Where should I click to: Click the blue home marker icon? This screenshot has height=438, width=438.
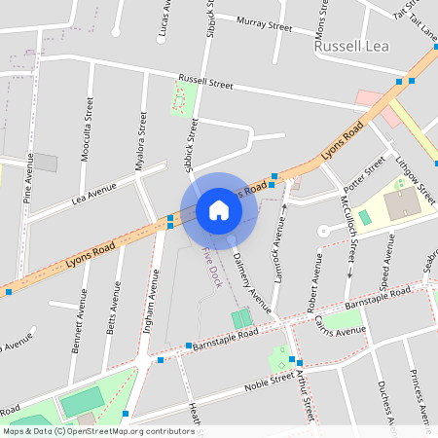point(219,210)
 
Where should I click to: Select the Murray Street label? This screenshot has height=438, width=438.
point(264,24)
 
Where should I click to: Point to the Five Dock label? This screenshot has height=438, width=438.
point(208,265)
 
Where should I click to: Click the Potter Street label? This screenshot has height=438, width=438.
point(365,171)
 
